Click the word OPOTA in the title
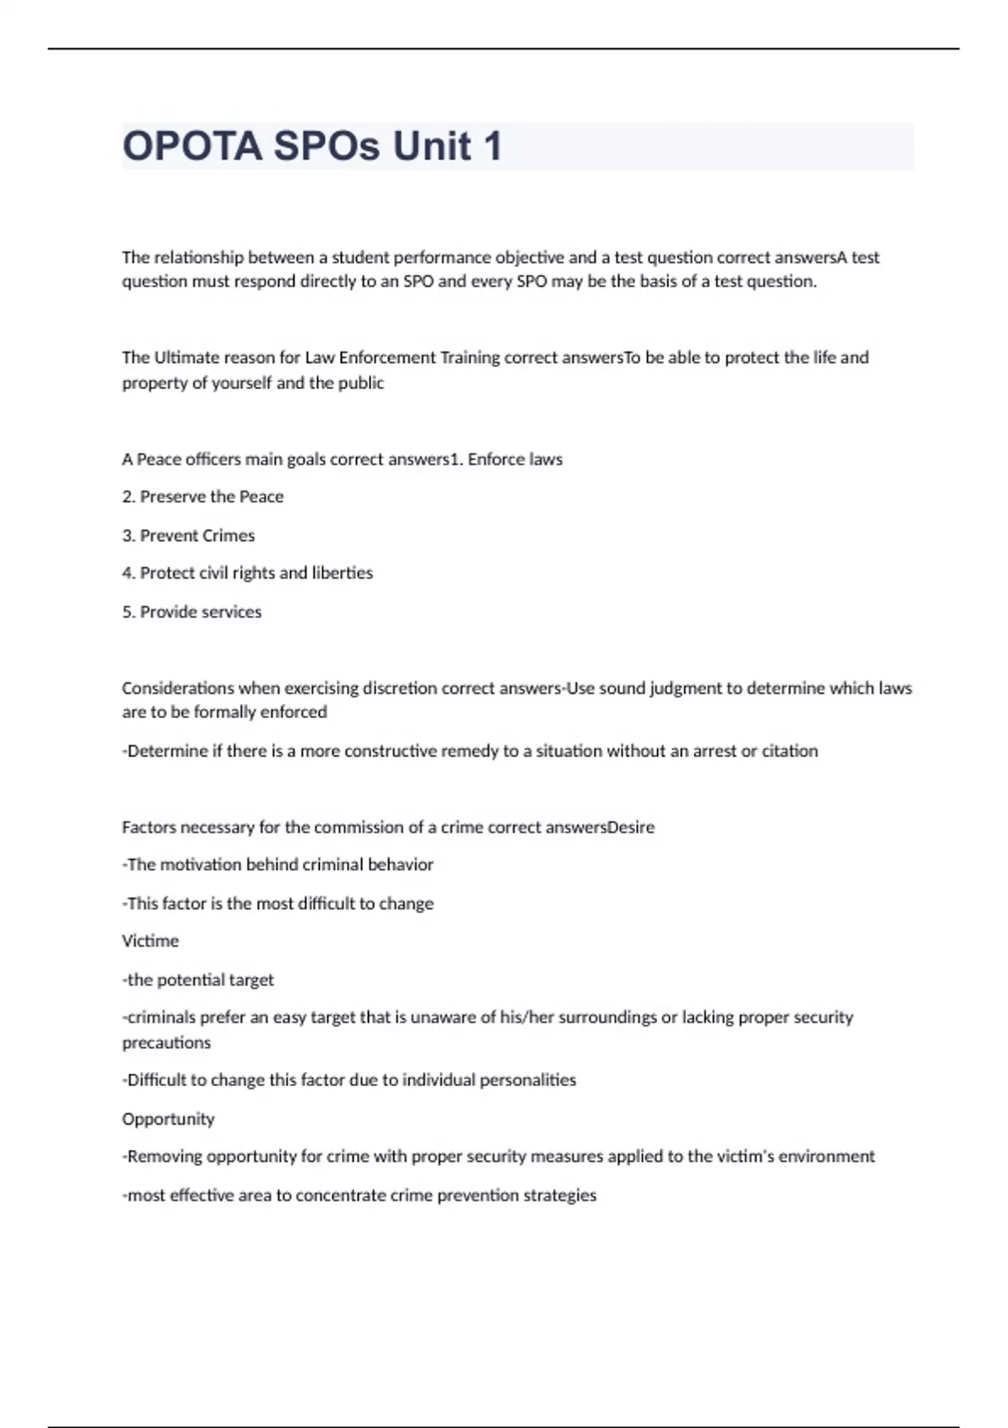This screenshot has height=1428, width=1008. point(192,146)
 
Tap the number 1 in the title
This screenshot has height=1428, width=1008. point(491,146)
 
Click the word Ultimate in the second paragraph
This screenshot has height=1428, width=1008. point(186,358)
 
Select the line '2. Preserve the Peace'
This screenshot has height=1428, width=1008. point(202,496)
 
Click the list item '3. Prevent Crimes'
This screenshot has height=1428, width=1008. point(188,535)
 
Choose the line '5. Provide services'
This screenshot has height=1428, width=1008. point(192,612)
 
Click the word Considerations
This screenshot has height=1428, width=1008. point(177,688)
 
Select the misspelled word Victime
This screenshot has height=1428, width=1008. point(150,941)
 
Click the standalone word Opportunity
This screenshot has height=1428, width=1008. point(168,1119)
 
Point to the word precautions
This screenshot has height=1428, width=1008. point(166,1042)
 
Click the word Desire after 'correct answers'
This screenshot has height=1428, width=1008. point(631,827)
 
